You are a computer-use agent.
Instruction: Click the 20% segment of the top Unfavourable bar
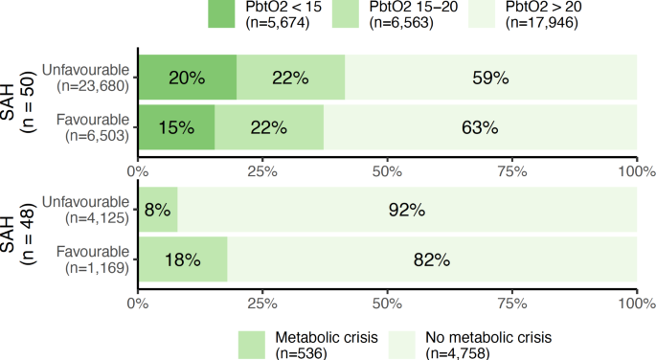coord(188,79)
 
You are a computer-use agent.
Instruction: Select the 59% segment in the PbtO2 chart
coord(490,79)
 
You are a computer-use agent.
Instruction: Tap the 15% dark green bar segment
coord(176,127)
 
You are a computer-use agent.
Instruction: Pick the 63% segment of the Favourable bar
coord(480,127)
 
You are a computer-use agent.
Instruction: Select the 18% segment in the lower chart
coord(182,259)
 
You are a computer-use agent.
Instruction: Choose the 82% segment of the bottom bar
coord(432,259)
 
